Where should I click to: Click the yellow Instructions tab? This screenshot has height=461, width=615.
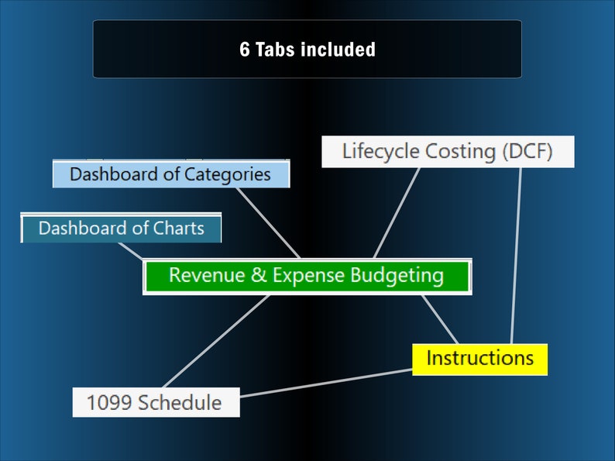click(479, 359)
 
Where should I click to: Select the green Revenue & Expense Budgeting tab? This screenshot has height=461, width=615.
click(307, 276)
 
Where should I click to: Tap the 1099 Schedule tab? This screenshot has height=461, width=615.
click(155, 403)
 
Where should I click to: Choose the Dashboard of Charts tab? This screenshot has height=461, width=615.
click(121, 229)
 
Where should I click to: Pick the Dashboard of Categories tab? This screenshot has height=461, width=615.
click(170, 174)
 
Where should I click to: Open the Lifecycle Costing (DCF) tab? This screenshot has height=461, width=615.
click(448, 151)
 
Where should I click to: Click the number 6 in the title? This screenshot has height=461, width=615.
click(245, 50)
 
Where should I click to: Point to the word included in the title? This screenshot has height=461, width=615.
click(339, 50)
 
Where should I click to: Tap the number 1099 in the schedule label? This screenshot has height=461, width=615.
click(106, 403)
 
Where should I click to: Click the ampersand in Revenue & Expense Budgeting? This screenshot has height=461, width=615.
click(259, 276)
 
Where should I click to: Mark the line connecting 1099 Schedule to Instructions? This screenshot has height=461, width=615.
click(325, 383)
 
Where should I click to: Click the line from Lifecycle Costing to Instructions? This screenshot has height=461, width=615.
click(516, 256)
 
